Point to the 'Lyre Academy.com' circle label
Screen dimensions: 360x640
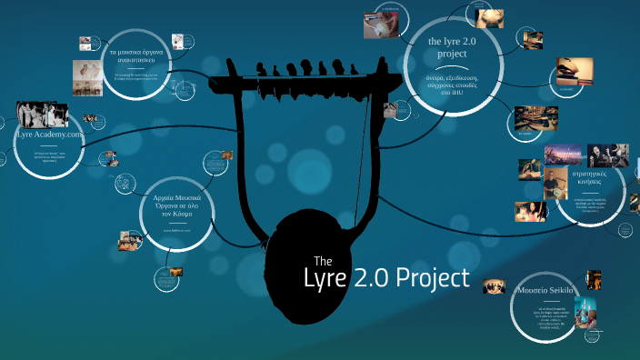(49, 135)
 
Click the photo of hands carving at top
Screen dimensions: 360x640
(380, 25)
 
